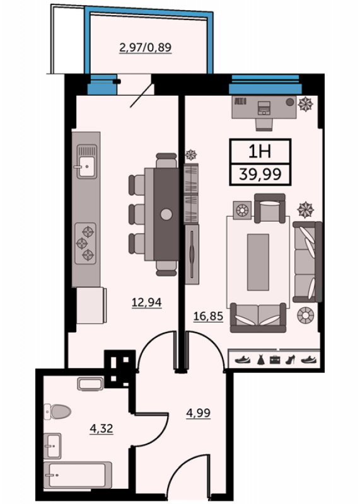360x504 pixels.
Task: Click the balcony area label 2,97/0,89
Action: [x=146, y=48]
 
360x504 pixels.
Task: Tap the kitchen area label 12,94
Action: [x=147, y=302]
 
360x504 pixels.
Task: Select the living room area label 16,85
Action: [x=208, y=316]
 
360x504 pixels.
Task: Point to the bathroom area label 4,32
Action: [x=102, y=428]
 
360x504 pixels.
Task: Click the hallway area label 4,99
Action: [x=199, y=413]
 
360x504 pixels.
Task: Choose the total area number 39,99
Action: [x=260, y=174]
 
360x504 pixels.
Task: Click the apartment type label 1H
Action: [x=260, y=151]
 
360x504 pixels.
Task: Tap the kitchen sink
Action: [x=86, y=162]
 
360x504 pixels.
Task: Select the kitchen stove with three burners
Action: [x=86, y=243]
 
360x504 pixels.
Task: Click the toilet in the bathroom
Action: [x=57, y=412]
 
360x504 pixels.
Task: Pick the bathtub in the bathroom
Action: [x=78, y=476]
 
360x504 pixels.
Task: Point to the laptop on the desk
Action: [x=264, y=108]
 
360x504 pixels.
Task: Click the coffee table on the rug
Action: [x=258, y=262]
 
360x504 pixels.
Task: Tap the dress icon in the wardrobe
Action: [x=260, y=359]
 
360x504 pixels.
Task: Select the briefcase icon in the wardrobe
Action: [x=275, y=360]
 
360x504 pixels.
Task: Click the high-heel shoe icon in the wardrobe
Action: [x=290, y=359]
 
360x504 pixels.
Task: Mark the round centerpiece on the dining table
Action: [x=166, y=214]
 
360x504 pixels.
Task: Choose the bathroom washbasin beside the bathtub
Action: [x=52, y=445]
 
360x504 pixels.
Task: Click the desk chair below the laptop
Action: [x=264, y=124]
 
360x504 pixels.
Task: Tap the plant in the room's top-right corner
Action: [x=305, y=104]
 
